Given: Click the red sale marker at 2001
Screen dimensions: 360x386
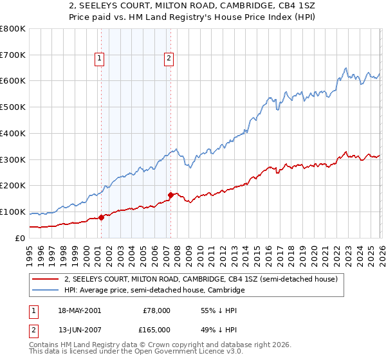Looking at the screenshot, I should coord(102,217).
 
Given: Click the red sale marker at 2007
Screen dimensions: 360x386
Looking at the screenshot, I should coord(170,195).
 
